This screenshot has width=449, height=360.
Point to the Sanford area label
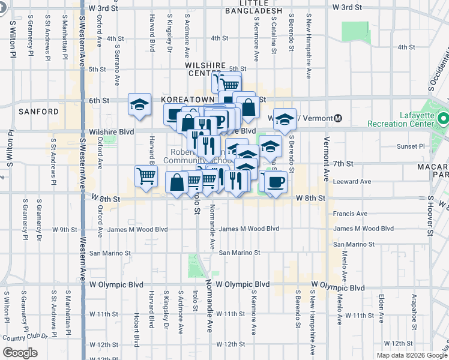38,112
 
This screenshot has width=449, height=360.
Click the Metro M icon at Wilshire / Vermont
338,118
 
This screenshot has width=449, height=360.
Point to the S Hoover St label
430,213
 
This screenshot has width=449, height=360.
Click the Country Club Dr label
25,338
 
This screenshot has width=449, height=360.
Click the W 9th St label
64,229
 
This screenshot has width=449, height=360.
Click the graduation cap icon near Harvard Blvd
139,105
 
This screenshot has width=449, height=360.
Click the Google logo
20,353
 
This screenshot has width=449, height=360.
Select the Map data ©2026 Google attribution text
411,355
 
